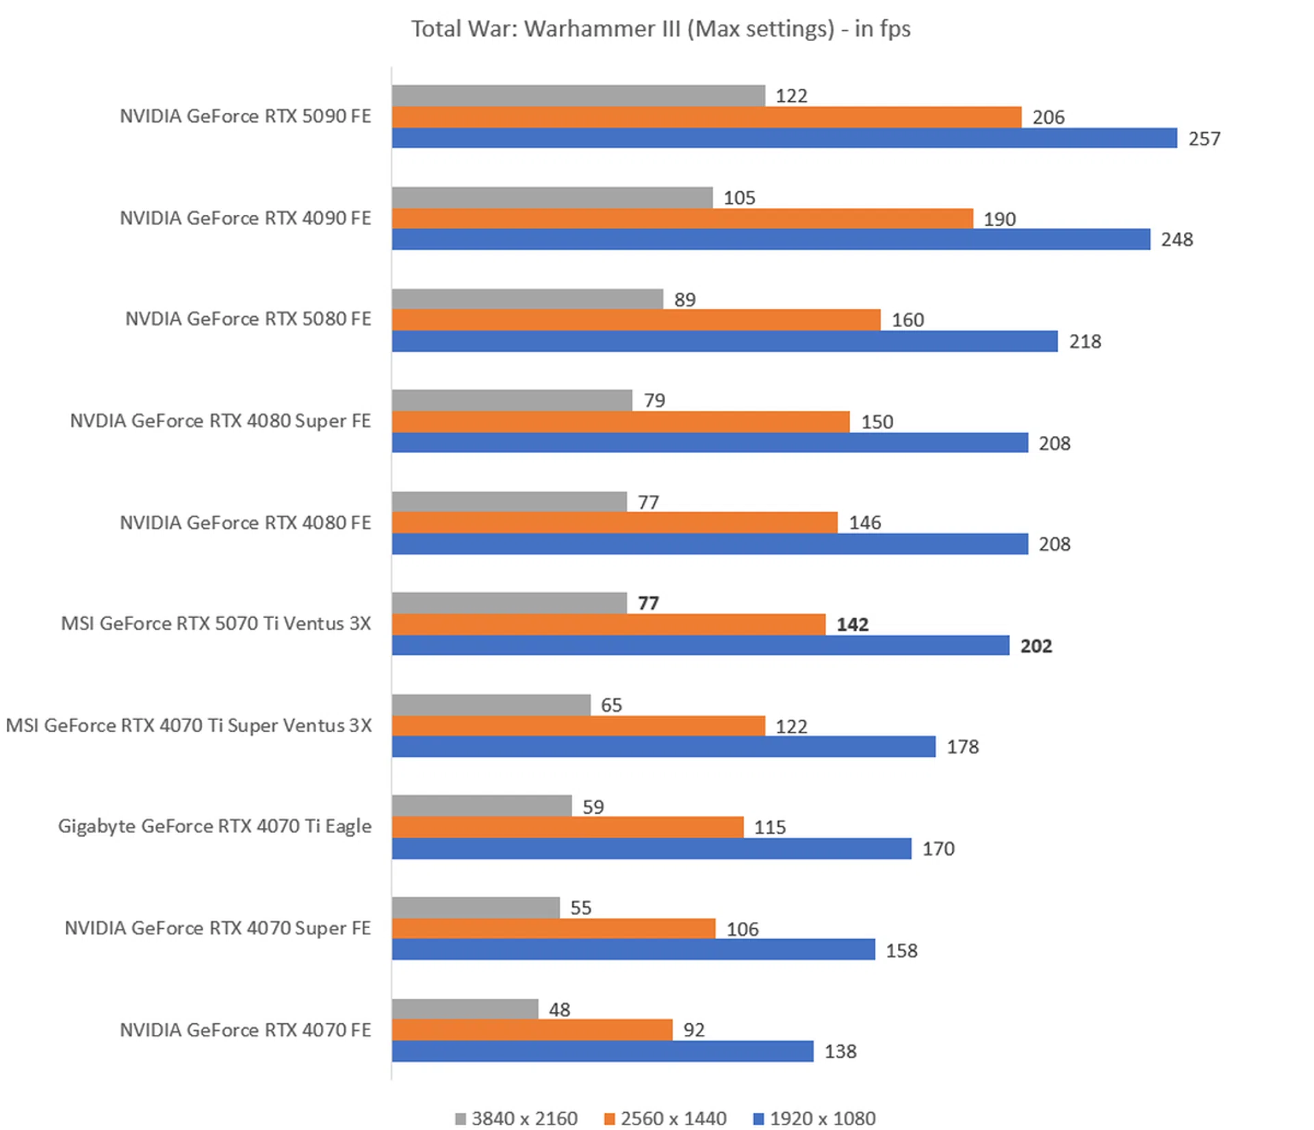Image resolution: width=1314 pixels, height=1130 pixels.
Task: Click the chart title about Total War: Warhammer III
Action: (660, 29)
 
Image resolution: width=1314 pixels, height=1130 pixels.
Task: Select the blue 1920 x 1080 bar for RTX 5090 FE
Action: (784, 138)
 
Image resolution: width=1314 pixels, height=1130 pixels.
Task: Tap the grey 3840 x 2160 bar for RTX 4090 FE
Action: (552, 198)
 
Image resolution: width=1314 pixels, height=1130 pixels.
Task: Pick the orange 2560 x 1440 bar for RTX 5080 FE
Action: (636, 320)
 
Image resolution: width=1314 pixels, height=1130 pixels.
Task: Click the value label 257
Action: (1204, 139)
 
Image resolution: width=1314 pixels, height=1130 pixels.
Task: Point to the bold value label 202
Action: (1035, 646)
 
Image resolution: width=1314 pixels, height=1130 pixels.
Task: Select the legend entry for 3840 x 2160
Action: (517, 1118)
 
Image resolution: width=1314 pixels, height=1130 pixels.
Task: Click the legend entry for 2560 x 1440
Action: (665, 1118)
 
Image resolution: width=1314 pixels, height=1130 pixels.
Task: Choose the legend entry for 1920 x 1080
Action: (814, 1118)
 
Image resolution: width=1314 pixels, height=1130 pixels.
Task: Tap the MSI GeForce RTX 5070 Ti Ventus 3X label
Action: (216, 624)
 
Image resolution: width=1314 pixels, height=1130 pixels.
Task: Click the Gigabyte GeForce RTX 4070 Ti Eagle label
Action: (214, 826)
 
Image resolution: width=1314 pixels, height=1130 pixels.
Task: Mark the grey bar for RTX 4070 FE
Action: (465, 1009)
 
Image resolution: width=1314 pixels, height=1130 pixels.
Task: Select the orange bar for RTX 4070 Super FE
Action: (553, 929)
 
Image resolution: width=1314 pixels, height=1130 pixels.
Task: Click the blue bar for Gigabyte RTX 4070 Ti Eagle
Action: (651, 849)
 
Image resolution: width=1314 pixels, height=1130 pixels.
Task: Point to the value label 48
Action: (559, 1010)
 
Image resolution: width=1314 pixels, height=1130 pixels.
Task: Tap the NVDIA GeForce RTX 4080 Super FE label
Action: (220, 421)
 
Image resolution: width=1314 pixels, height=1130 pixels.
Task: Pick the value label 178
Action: (962, 747)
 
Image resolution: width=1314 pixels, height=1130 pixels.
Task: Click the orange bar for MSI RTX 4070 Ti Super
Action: (578, 725)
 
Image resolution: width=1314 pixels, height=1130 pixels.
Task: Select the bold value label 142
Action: (852, 624)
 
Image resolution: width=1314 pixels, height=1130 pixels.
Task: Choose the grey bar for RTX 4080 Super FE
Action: (511, 400)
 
